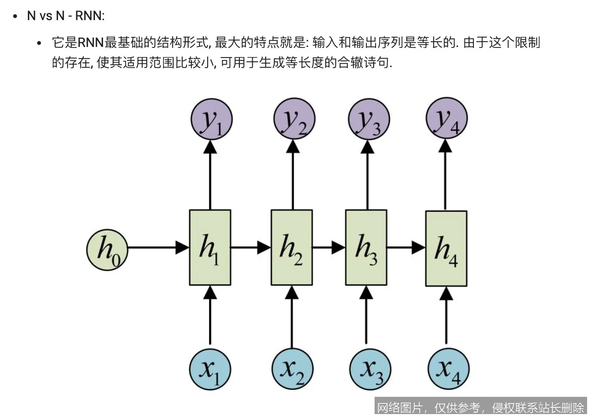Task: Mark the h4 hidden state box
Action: click(447, 248)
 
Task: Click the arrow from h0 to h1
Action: click(158, 248)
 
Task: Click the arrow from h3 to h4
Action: click(406, 248)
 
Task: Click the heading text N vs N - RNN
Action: click(66, 16)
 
